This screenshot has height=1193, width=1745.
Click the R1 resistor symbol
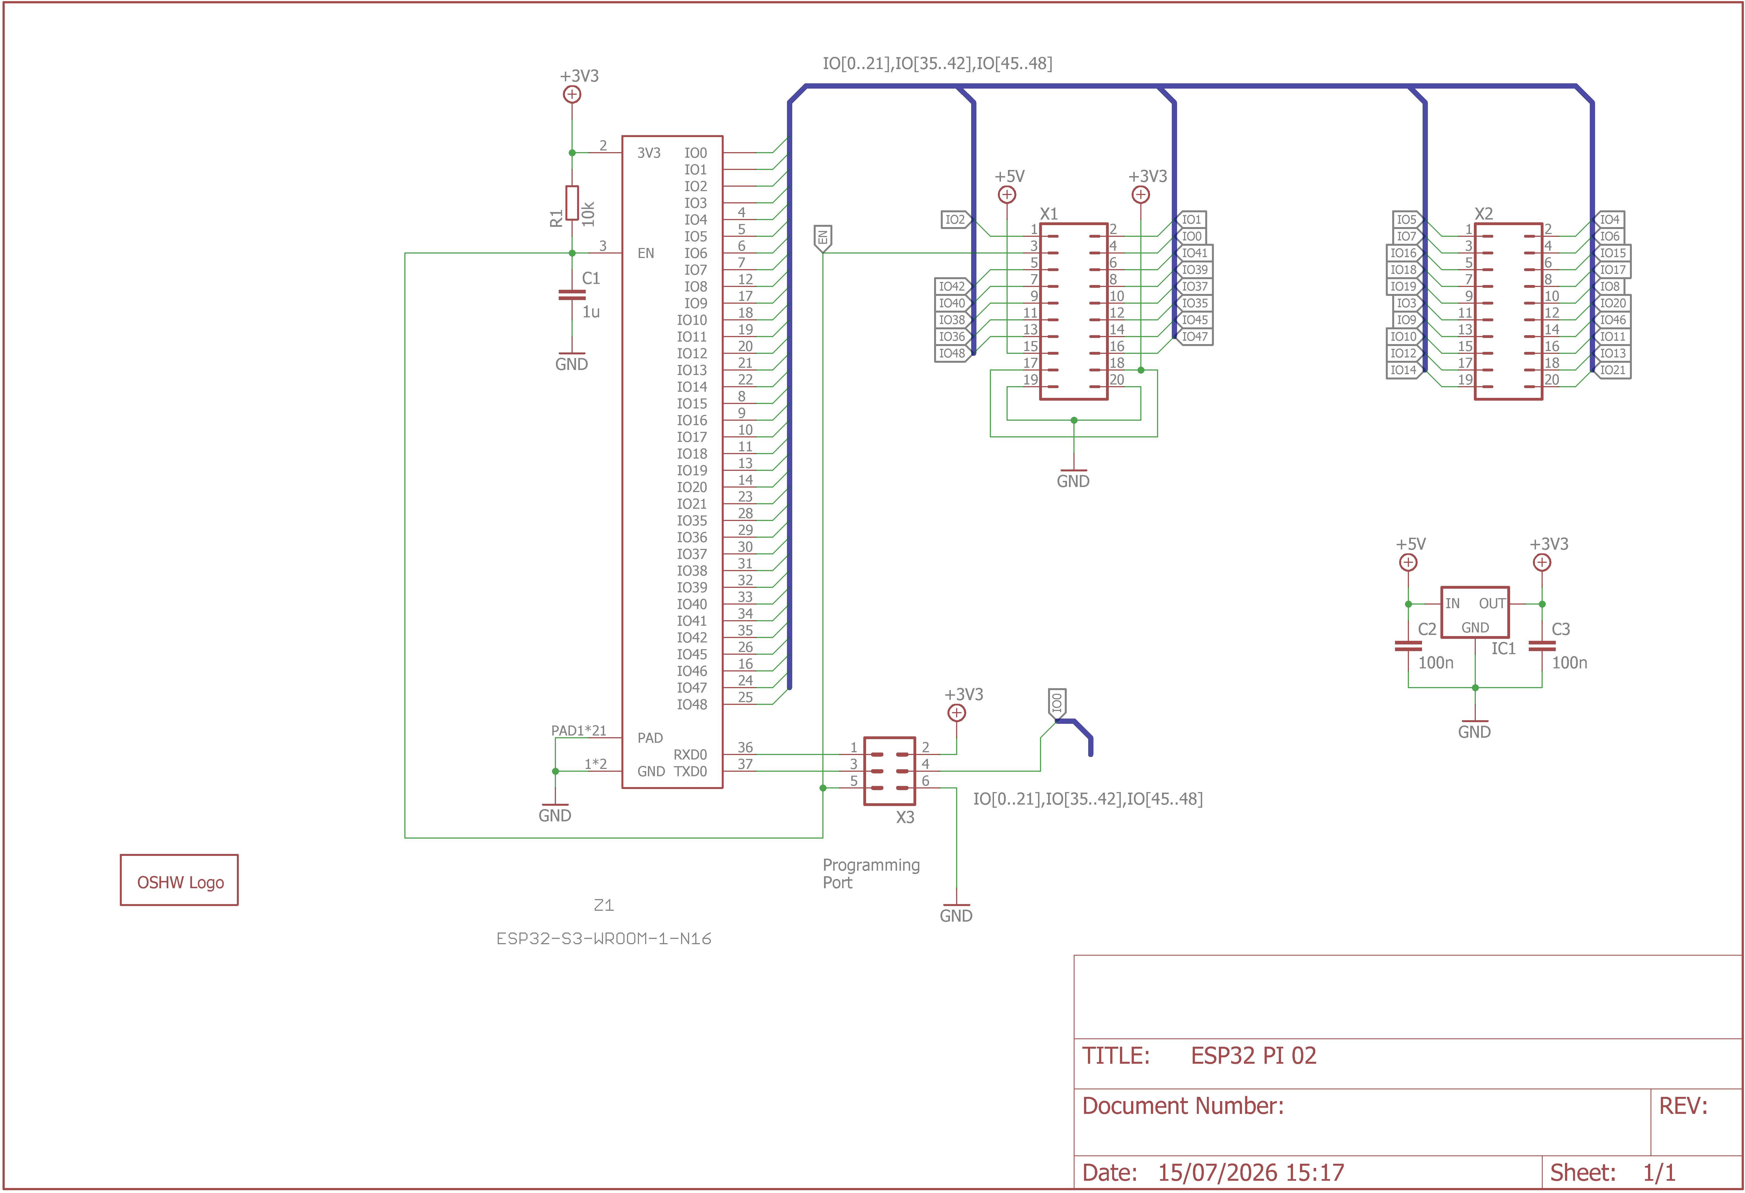572,203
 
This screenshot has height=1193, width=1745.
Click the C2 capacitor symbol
1408,646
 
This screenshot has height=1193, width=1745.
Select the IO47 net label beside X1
1194,336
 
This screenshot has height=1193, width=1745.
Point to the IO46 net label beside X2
1611,320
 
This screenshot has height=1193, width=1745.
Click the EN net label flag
823,239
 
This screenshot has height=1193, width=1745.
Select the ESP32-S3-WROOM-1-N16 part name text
604,938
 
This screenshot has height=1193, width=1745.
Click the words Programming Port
871,874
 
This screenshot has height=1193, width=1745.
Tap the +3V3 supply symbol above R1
572,94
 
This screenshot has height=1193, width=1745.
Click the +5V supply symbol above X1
1007,194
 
